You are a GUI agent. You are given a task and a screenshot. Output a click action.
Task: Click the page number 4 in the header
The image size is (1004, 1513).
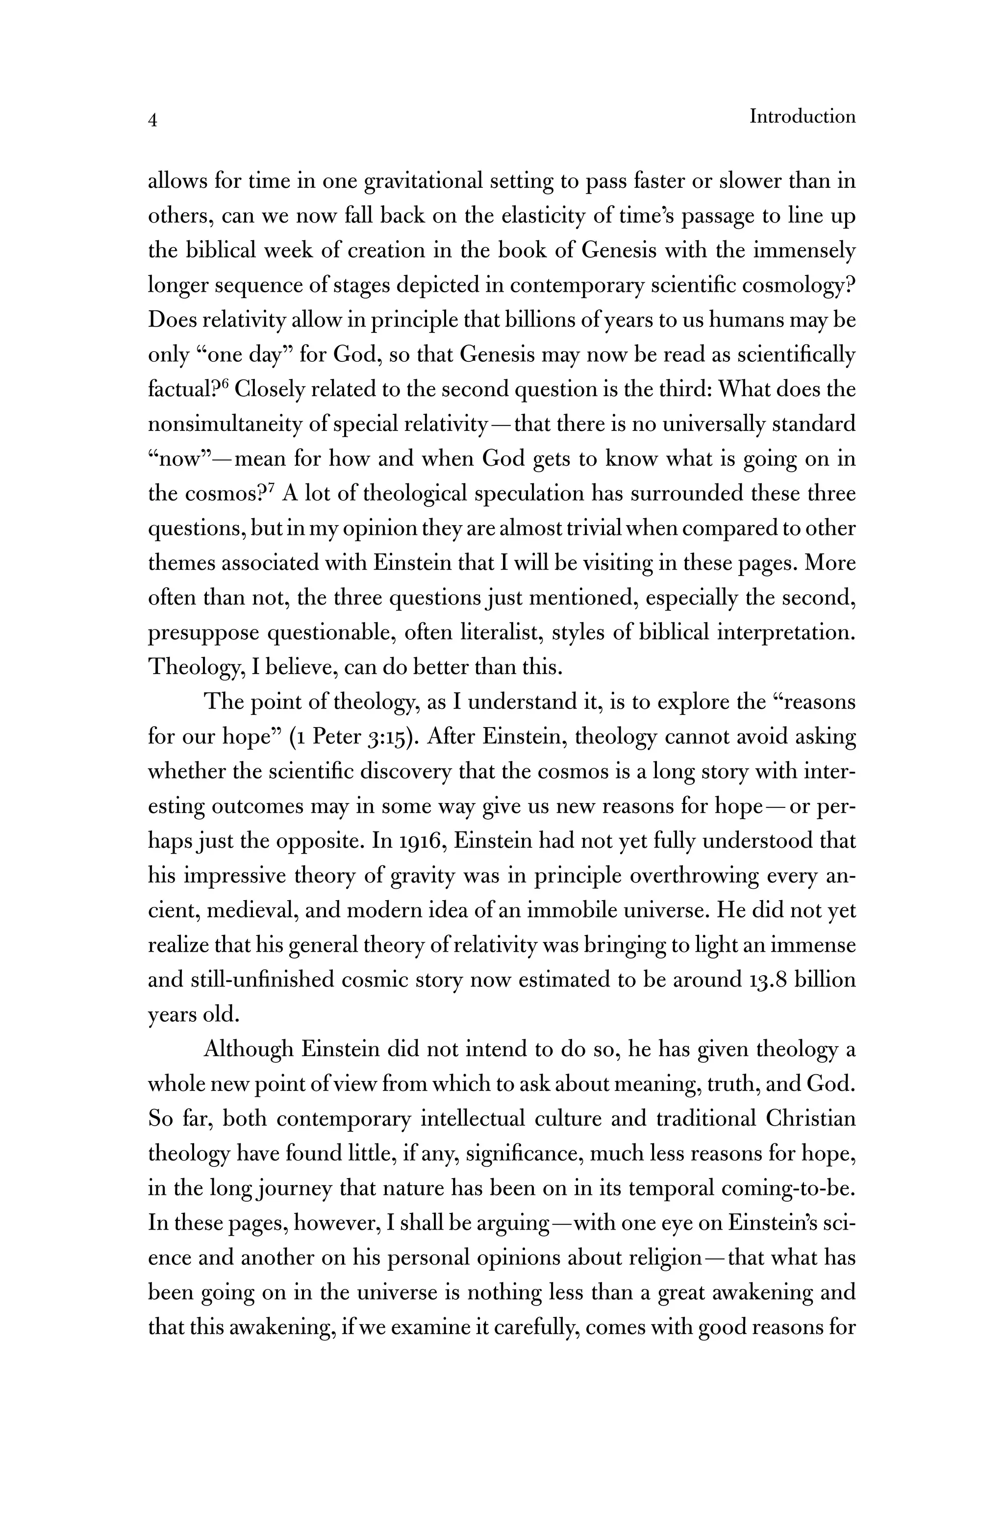click(x=152, y=120)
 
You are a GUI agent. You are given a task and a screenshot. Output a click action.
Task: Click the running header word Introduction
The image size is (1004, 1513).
click(x=803, y=117)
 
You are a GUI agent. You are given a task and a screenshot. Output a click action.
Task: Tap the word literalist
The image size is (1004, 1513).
click(x=500, y=632)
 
